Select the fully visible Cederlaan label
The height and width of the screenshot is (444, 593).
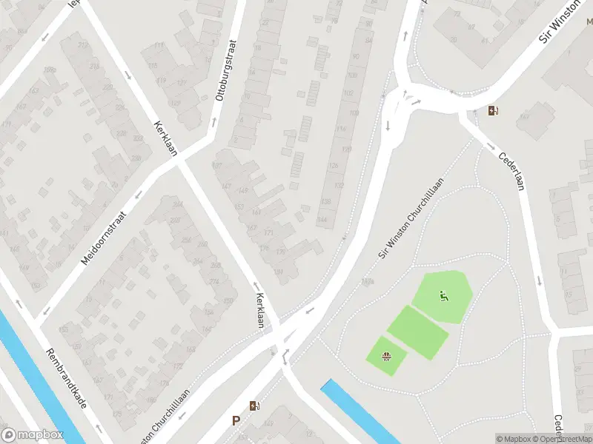point(511,171)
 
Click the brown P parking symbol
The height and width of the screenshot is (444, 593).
point(236,420)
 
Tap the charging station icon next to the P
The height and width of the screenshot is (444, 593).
point(254,406)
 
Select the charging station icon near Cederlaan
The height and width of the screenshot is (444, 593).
point(494,112)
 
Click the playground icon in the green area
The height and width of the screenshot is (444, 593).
point(443,297)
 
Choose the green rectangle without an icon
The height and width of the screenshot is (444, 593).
point(418,332)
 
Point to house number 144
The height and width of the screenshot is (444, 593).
point(322,220)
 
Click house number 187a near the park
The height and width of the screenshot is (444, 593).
point(366,281)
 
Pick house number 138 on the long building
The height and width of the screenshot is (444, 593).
point(325,201)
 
